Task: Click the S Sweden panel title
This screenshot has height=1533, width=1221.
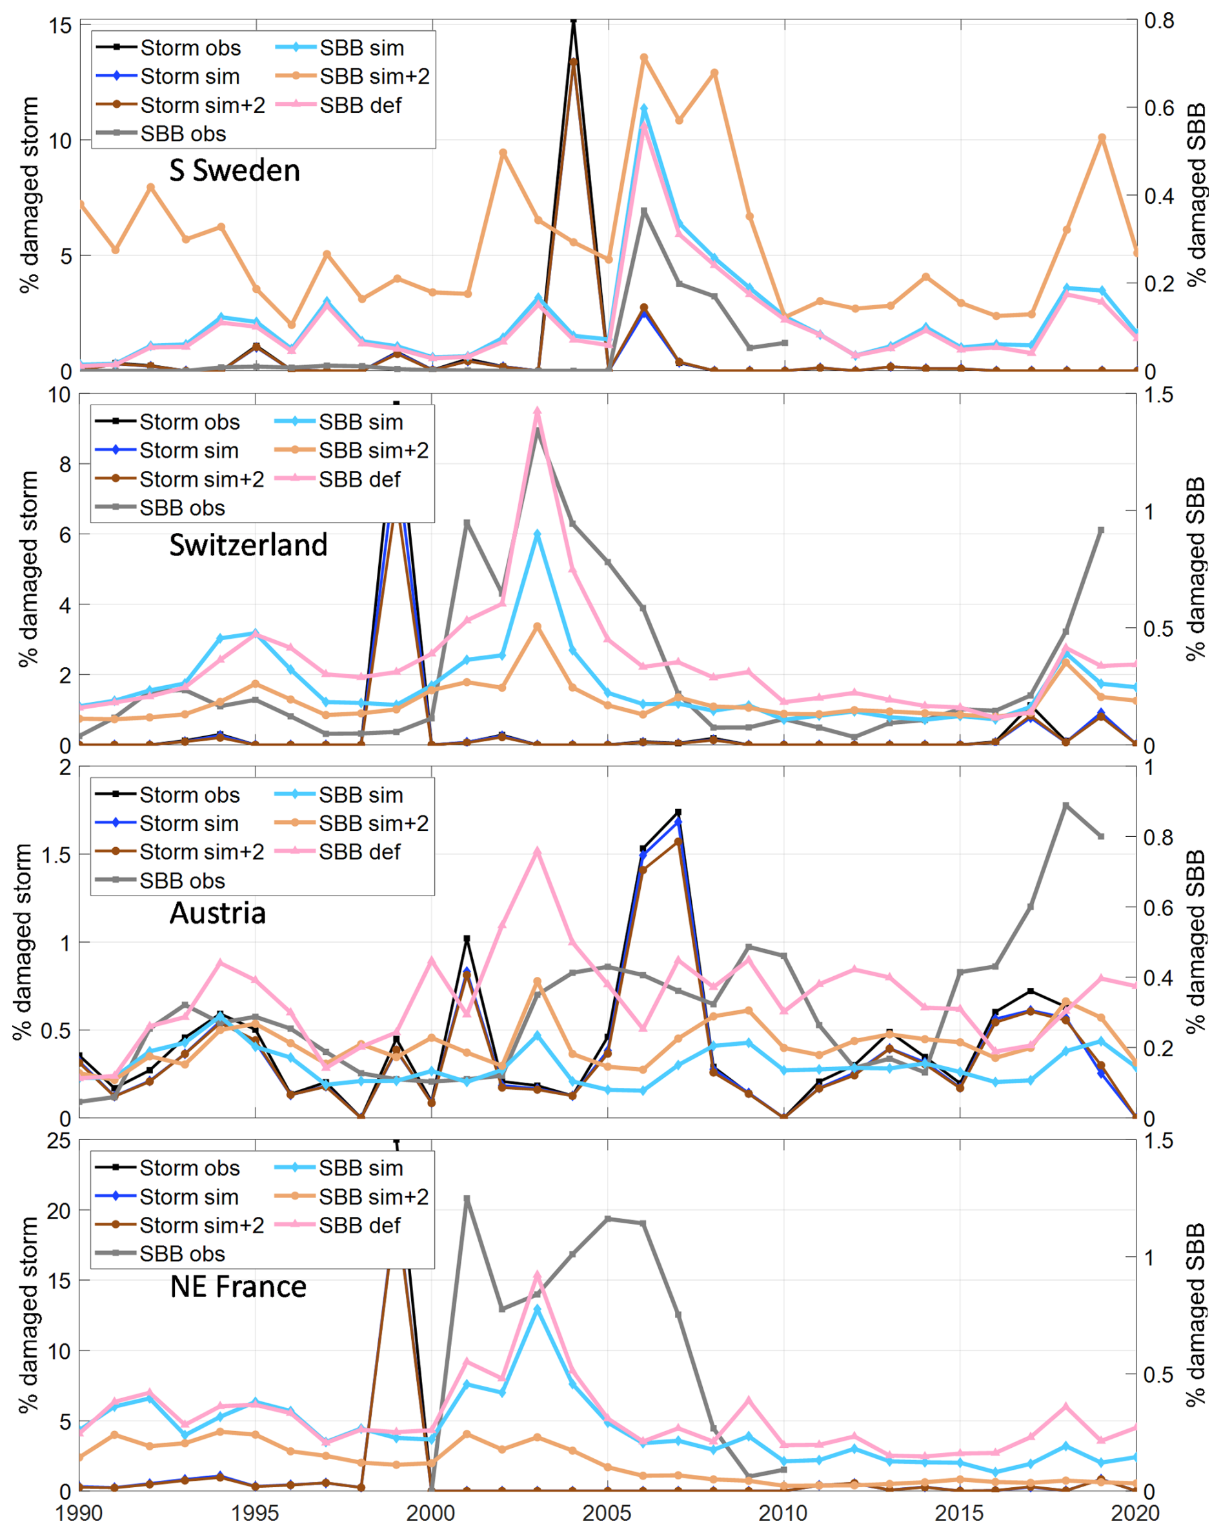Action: coord(234,170)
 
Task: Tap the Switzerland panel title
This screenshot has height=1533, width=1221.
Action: coord(248,545)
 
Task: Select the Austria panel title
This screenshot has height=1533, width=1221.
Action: coord(217,913)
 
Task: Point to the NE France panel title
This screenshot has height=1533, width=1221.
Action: coord(238,1287)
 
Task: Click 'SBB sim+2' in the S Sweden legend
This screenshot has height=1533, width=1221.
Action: coord(374,76)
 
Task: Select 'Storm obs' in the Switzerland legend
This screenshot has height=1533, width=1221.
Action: coord(189,422)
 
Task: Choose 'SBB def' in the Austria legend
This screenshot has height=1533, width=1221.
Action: coord(359,852)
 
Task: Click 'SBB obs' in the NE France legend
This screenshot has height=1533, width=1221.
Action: coord(182,1254)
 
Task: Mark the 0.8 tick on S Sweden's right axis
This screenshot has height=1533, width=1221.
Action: coord(1159,21)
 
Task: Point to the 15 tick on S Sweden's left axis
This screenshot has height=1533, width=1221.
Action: coord(61,26)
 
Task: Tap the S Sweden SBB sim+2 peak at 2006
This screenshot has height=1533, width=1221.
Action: coord(643,57)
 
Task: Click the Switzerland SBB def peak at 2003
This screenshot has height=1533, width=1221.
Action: coord(538,411)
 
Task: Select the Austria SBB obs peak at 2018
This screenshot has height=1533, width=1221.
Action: coord(1065,806)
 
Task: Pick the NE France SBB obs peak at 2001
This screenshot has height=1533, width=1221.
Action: coord(467,1198)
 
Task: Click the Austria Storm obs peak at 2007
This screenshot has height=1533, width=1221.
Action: coord(678,812)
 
